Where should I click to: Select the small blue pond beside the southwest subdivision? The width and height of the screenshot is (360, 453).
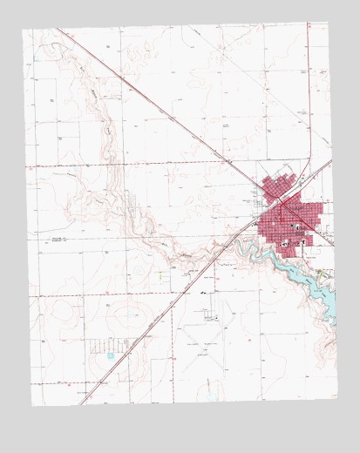tap(110, 355)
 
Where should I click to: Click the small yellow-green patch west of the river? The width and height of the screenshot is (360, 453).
tap(161, 276)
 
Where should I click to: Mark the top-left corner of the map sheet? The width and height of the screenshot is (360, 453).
tap(23, 30)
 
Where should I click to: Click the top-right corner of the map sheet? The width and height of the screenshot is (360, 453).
tap(329, 23)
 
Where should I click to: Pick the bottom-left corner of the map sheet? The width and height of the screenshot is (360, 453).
tap(32, 406)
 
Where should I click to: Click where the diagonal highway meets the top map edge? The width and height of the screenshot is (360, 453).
tap(58, 30)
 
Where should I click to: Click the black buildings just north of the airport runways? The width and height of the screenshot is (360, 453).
tap(204, 294)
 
